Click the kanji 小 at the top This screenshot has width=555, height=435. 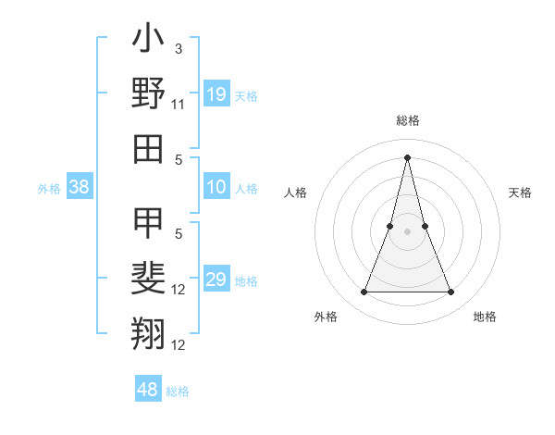tap(148, 41)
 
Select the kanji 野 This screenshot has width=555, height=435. tap(148, 93)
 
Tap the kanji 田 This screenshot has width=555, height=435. tap(148, 148)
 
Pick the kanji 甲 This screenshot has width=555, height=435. tap(148, 223)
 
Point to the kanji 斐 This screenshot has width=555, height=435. tap(148, 278)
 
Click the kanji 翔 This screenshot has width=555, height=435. tap(148, 332)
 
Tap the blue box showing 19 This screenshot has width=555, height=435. tap(216, 94)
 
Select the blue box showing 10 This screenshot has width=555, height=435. tap(216, 188)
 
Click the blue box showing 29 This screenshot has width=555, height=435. tap(216, 280)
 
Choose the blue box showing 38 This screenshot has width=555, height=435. tap(80, 188)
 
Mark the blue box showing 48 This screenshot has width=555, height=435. tap(147, 390)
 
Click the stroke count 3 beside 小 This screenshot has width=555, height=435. tap(178, 48)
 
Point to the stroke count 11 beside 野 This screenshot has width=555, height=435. tap(178, 104)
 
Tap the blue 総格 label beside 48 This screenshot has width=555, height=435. tap(178, 391)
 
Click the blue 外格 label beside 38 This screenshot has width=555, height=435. tap(49, 189)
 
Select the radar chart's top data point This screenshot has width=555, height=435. tap(407, 156)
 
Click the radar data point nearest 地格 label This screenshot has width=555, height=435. tap(450, 292)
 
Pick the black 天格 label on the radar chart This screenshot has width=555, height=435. tap(521, 193)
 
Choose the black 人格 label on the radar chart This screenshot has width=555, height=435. tap(295, 193)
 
